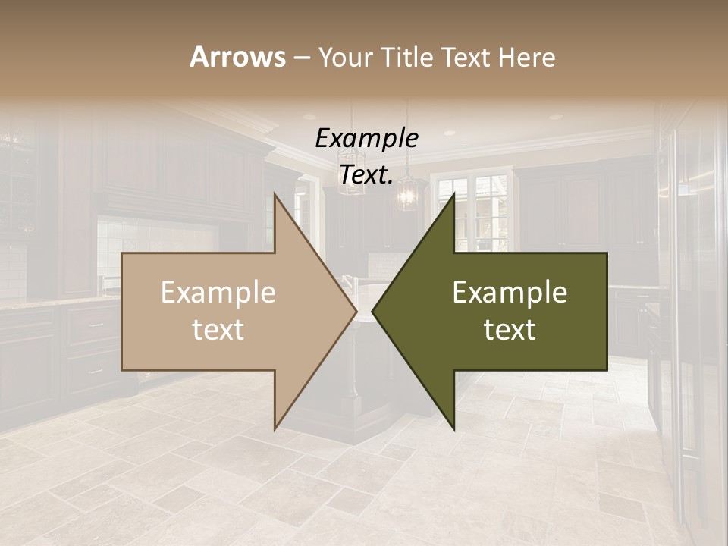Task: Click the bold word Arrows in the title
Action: (x=237, y=57)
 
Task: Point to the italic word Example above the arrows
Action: (x=366, y=138)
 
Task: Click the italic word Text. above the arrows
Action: (x=366, y=174)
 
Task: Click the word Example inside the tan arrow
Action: (x=218, y=292)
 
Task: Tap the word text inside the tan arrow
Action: (x=218, y=329)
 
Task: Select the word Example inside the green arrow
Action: (x=510, y=292)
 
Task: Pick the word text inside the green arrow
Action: (x=510, y=329)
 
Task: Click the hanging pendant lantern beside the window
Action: (x=408, y=190)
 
